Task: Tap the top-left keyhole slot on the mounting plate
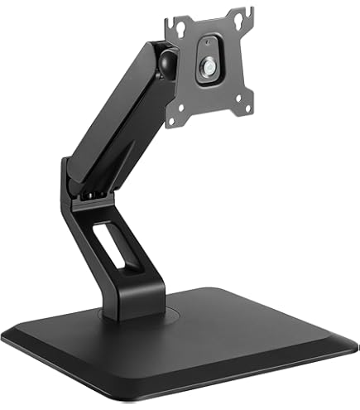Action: click(x=192, y=22)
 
